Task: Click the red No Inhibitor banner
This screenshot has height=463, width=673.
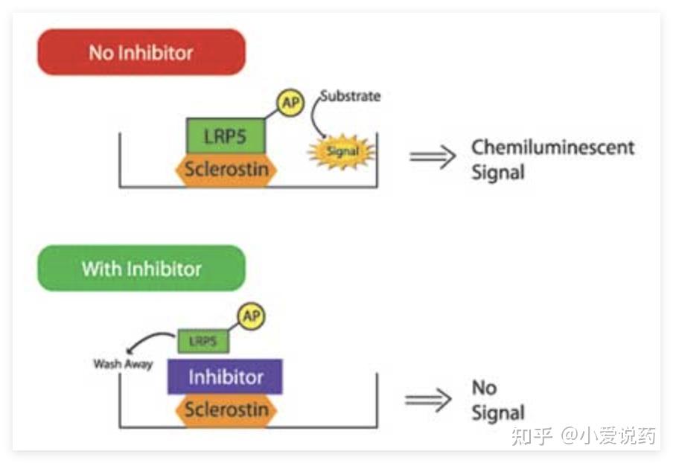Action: [141, 52]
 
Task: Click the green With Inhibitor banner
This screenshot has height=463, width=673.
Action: [141, 268]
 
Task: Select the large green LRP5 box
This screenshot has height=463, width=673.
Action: [226, 136]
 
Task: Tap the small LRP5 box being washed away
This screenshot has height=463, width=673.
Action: [203, 341]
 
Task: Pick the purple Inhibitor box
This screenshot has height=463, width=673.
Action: [225, 377]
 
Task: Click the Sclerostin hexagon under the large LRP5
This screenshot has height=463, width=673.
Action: [226, 170]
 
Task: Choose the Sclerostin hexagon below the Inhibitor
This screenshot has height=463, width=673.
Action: [226, 411]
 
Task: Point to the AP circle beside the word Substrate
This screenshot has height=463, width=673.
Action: [290, 102]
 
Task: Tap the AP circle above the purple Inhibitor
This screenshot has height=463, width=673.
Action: [252, 316]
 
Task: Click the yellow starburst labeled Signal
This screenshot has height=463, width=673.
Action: [342, 151]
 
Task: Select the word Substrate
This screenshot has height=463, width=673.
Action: [350, 96]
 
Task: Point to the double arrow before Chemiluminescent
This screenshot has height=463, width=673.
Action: [433, 156]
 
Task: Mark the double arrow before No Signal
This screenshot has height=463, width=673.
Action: [428, 400]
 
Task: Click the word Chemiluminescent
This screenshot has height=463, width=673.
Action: [553, 147]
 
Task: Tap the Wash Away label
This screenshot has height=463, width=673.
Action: [123, 364]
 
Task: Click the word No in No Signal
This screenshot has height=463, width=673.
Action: [485, 388]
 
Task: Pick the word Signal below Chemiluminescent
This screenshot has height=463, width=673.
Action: [498, 173]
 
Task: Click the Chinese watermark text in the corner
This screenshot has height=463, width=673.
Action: [584, 435]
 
